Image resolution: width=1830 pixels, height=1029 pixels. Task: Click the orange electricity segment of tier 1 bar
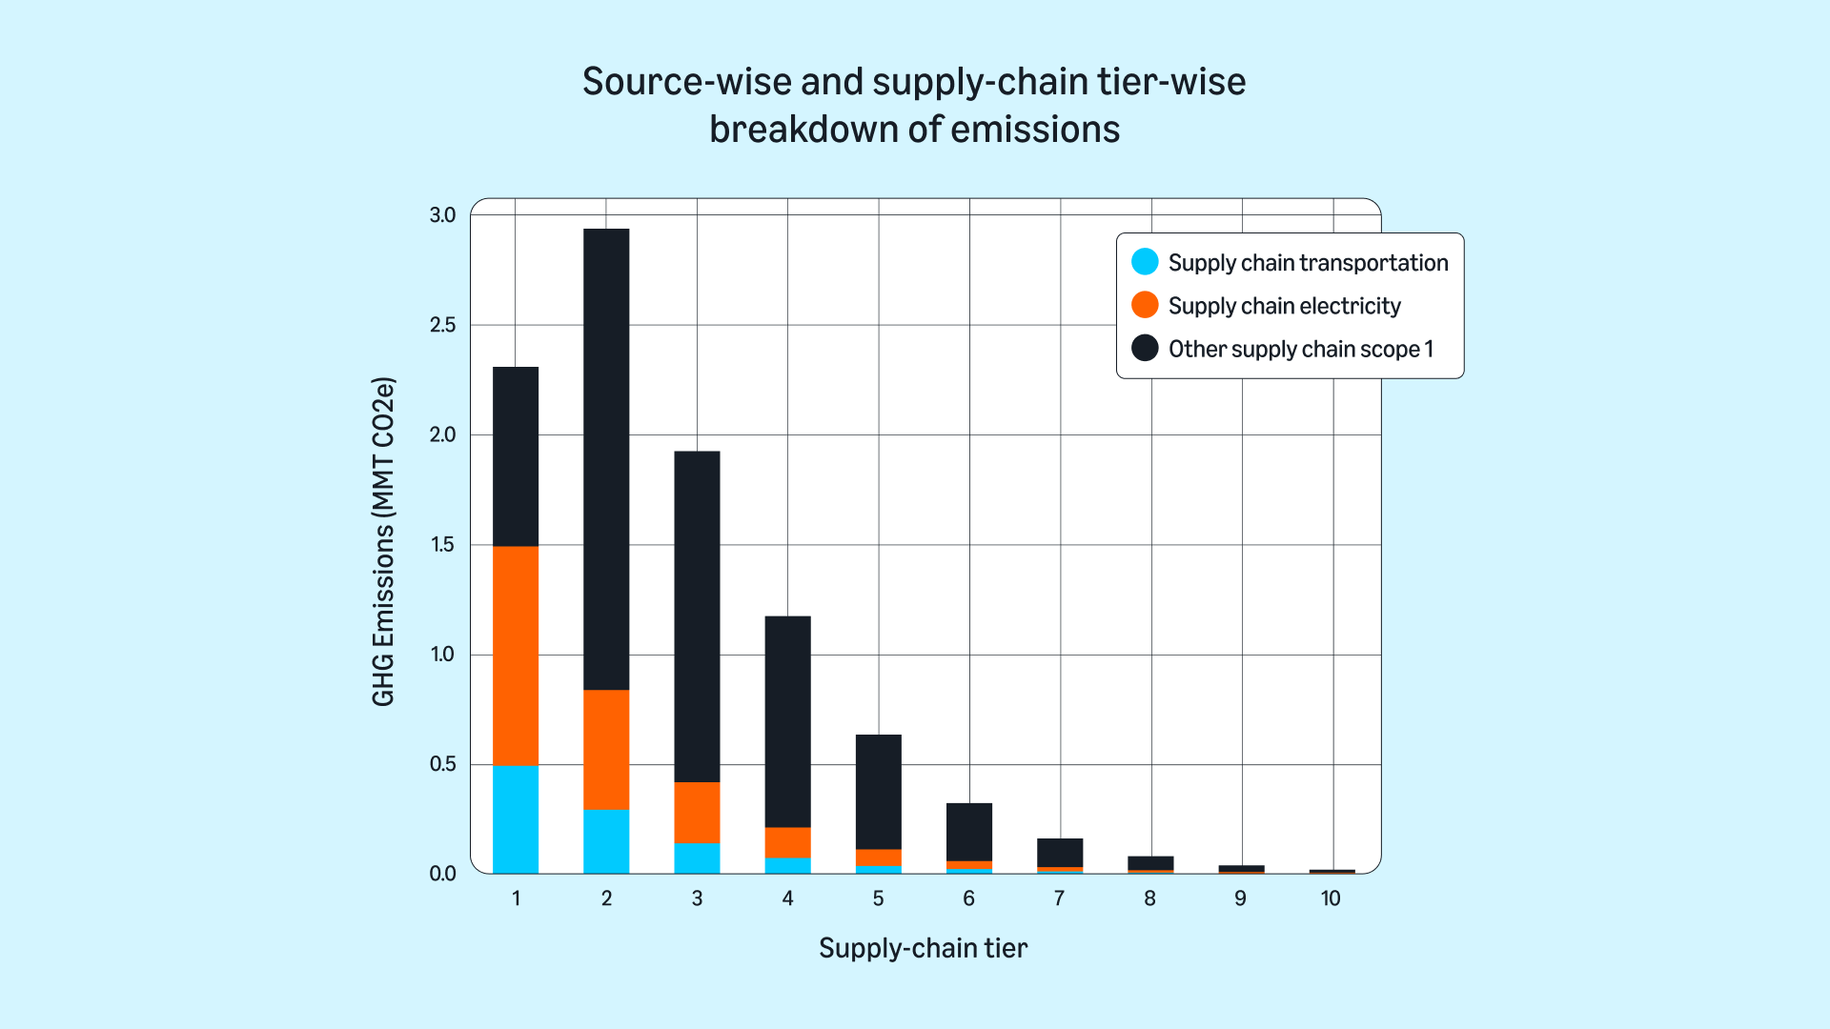516,656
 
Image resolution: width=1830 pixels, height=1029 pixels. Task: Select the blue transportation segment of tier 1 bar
516,819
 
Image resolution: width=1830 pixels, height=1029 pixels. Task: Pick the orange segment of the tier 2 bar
606,749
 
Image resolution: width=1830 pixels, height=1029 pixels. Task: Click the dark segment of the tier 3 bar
697,616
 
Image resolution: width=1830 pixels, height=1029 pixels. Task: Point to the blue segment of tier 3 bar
697,858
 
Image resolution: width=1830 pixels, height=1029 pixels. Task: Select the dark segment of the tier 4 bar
787,721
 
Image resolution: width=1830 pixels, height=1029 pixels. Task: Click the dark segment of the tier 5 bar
878,792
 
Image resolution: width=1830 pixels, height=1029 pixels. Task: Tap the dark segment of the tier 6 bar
968,832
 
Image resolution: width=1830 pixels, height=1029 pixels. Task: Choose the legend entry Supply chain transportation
1308,263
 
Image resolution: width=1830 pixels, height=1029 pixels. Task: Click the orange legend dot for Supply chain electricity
1145,305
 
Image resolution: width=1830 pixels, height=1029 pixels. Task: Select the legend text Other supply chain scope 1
1300,349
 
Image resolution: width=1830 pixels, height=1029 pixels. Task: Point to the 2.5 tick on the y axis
443,325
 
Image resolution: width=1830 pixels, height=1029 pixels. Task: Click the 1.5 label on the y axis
443,545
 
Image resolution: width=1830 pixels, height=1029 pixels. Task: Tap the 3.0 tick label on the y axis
443,215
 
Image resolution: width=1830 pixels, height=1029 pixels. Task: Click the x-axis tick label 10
1331,898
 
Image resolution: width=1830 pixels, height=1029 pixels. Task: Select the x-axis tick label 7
1059,898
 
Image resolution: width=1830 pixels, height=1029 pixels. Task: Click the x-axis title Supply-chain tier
923,948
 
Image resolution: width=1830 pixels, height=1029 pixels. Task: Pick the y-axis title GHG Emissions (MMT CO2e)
383,542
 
